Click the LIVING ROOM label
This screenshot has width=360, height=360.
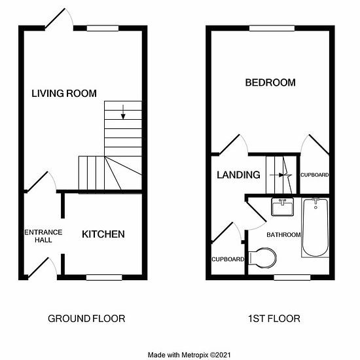pos(64,94)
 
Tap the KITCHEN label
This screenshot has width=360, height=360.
pos(103,234)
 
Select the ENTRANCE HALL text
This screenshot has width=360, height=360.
pos(43,236)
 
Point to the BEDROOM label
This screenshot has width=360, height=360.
pos(270,82)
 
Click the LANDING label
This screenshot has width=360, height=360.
pos(238,175)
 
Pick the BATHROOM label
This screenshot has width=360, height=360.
pos(283,234)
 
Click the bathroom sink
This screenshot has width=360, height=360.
pos(282,207)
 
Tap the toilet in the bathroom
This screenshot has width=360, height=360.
pos(262,258)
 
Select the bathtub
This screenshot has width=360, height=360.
pos(315,228)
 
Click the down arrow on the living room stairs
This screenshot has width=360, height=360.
pos(123,112)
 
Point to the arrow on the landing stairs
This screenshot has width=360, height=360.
pos(277,175)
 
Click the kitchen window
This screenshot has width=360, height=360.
pos(104,278)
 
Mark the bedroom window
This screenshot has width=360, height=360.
pos(272,28)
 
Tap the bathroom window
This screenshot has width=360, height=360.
pos(293,278)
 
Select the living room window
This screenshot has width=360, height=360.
pos(103,28)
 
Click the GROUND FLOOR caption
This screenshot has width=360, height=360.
pos(86,319)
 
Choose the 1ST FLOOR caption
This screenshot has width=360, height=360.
pos(274,319)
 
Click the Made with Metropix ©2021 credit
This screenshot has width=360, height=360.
pos(189,355)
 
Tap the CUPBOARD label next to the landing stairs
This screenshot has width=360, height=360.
pos(315,175)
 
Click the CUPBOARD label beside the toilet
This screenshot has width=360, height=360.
pos(228,259)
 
